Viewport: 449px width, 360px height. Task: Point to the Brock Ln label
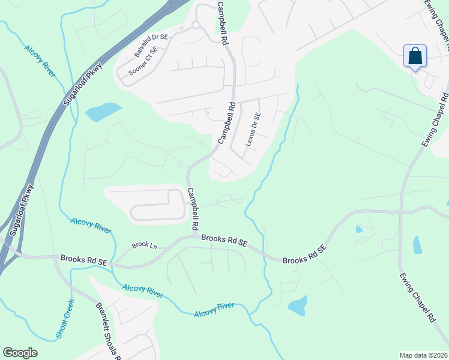pos(144,245)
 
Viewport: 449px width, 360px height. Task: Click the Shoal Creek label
pos(65,319)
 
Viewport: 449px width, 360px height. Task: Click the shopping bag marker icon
pos(415,56)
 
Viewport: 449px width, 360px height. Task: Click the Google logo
pos(20,353)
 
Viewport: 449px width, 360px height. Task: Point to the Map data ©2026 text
pos(423,355)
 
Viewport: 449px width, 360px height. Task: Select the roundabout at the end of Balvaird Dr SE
pos(196,25)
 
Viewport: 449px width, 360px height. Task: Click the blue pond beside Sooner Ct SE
pos(103,111)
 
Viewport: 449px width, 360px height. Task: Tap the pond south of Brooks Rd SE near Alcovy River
pos(298,306)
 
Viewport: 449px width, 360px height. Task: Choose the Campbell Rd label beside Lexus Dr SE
pos(225,123)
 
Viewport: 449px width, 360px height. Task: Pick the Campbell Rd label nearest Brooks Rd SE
pos(193,209)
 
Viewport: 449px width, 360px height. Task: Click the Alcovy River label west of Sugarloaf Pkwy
pos(40,60)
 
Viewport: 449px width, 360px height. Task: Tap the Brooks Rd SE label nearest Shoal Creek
pos(83,260)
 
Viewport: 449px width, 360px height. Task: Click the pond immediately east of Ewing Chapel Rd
pos(417,245)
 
